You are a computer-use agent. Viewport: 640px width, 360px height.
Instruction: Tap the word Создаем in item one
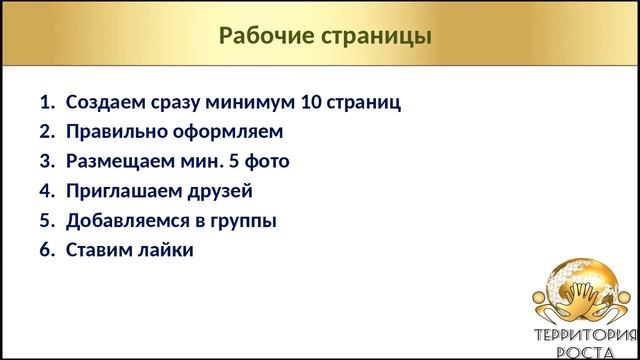tap(106, 102)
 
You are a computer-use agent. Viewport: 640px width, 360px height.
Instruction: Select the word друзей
tap(221, 190)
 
